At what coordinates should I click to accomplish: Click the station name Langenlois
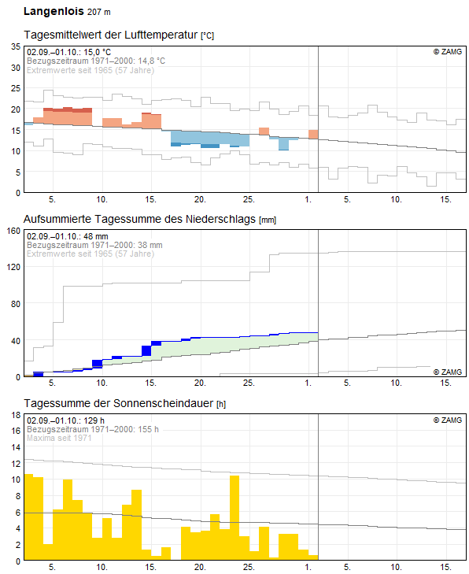(x=54, y=11)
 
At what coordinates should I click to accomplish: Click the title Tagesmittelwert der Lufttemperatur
(x=111, y=35)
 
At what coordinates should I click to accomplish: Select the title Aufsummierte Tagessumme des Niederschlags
(x=140, y=219)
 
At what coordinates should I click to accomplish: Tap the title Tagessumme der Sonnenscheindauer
(x=119, y=403)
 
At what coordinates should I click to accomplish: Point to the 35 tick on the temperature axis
(x=16, y=46)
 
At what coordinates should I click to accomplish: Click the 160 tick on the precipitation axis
(x=13, y=231)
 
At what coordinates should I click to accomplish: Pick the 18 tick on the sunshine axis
(x=16, y=415)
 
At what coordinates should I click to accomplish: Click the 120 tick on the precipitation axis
(x=13, y=267)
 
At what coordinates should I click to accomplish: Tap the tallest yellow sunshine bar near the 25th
(x=234, y=517)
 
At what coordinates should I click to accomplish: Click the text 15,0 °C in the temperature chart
(x=97, y=52)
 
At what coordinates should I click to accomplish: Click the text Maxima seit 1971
(x=59, y=438)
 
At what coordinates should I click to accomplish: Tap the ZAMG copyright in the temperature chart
(x=448, y=52)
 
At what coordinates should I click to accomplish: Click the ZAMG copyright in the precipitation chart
(x=448, y=372)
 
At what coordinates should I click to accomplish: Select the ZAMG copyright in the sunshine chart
(x=448, y=420)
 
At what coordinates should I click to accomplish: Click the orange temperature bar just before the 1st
(x=313, y=135)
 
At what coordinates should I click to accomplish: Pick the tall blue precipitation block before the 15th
(x=146, y=350)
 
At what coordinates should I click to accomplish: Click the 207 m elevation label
(x=99, y=12)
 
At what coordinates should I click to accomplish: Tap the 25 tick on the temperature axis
(x=16, y=88)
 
